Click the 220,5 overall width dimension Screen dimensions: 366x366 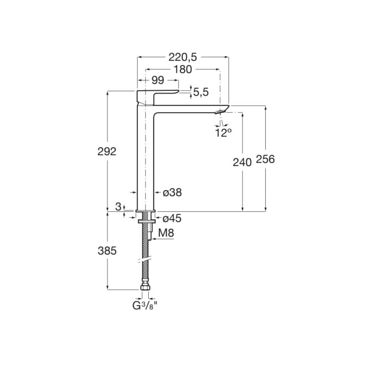(183, 57)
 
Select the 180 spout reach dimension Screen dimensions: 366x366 (183, 70)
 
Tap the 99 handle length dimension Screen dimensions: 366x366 (158, 81)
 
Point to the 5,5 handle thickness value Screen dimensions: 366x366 (201, 92)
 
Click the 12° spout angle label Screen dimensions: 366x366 (223, 133)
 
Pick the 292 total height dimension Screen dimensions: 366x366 (107, 152)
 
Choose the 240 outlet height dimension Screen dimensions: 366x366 (242, 162)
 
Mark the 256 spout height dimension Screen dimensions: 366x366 (265, 159)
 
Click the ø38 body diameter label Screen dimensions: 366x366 (172, 193)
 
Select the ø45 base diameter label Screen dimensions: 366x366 (172, 219)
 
